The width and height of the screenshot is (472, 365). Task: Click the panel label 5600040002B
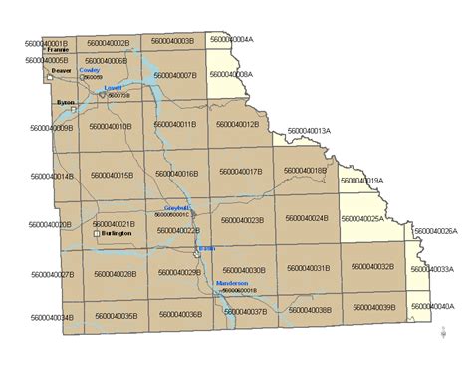[109, 43]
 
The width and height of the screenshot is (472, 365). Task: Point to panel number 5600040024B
[307, 219]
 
